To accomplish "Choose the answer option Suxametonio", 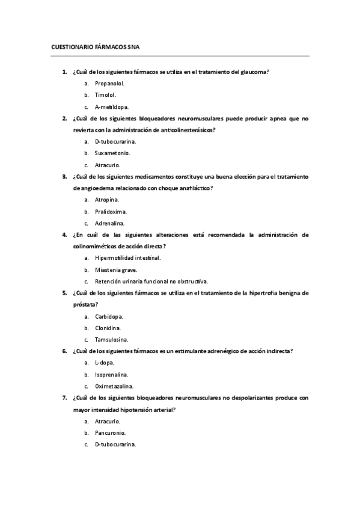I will tap(112, 153).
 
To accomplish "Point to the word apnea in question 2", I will tap(276, 118).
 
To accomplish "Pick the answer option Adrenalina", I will tap(109, 223).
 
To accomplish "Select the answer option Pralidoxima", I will tap(111, 212).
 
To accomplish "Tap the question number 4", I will tap(64, 235).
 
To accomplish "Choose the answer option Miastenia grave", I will tap(115, 269).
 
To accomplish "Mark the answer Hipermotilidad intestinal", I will tap(127, 258).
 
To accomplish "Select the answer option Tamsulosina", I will tap(111, 339).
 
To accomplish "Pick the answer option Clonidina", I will tap(108, 328).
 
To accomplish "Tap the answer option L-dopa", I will tap(105, 363).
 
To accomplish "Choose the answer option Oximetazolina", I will tap(114, 386).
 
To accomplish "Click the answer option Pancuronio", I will tap(110, 432).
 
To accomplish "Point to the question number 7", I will tap(64, 398).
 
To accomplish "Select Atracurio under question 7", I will tap(108, 421).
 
